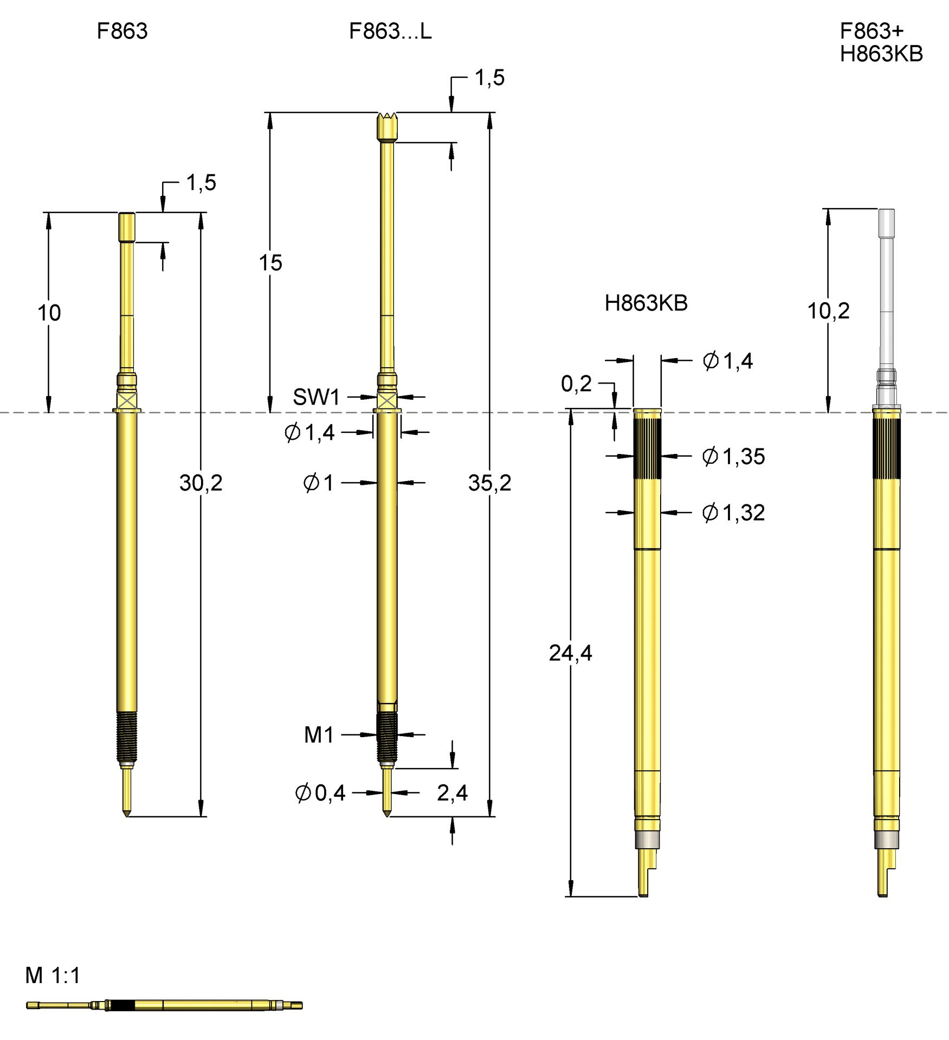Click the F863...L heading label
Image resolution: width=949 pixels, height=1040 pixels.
pyautogui.click(x=390, y=31)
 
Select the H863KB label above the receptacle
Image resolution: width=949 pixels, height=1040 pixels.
pyautogui.click(x=645, y=303)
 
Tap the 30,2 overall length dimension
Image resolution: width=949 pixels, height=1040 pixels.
pyautogui.click(x=201, y=483)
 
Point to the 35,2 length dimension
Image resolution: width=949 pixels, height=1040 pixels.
pyautogui.click(x=489, y=483)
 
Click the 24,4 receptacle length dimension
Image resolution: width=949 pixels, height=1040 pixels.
pyautogui.click(x=570, y=653)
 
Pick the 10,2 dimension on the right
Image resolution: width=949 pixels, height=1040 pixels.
pyautogui.click(x=828, y=311)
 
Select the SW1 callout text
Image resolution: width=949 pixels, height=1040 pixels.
pyautogui.click(x=316, y=397)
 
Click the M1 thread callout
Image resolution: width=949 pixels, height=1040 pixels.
pyautogui.click(x=319, y=735)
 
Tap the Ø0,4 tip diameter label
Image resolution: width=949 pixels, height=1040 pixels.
pyautogui.click(x=320, y=793)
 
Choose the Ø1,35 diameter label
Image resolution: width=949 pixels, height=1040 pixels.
pyautogui.click(x=733, y=457)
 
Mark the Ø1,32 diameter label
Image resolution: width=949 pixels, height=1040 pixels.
pyautogui.click(x=733, y=512)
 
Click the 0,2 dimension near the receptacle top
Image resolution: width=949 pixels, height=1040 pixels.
pyautogui.click(x=576, y=383)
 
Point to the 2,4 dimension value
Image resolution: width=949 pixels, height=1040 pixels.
pyautogui.click(x=452, y=793)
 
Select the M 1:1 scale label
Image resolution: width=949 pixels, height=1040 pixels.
pyautogui.click(x=53, y=976)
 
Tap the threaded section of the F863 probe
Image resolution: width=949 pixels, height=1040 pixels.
pyautogui.click(x=127, y=737)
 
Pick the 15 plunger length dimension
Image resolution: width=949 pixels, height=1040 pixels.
pyautogui.click(x=270, y=263)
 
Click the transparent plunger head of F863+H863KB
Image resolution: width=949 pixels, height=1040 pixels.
pyautogui.click(x=886, y=222)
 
